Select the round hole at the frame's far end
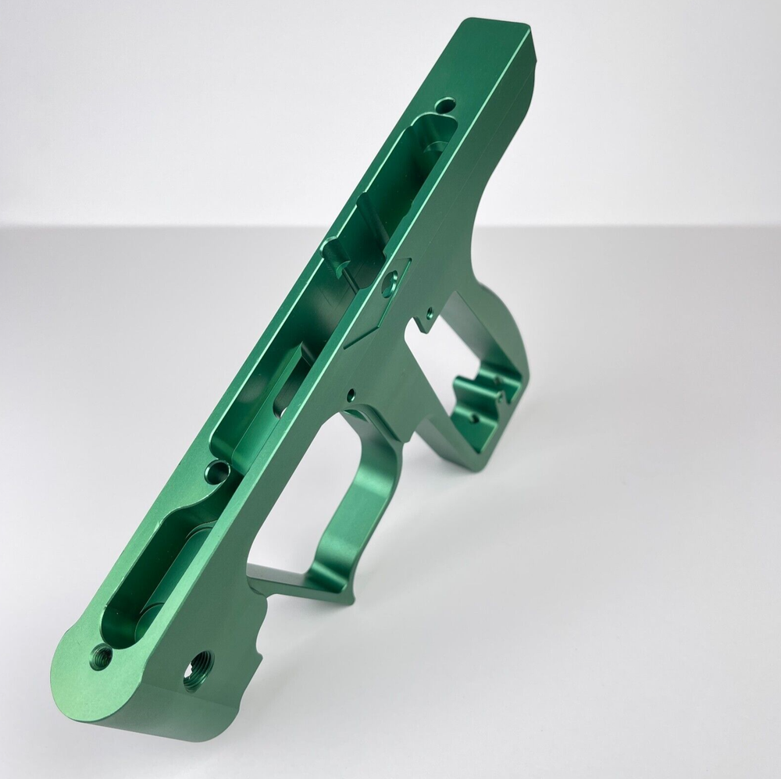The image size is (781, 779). click(x=446, y=104)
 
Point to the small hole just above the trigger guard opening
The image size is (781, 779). click(x=351, y=394)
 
